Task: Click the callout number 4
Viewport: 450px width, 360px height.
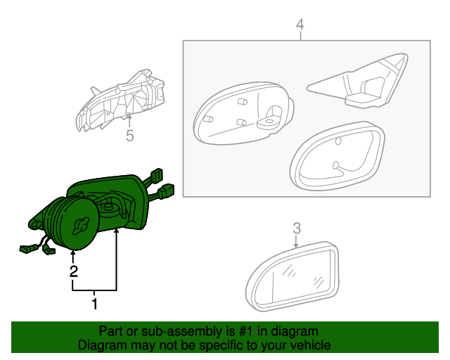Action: [x=300, y=25]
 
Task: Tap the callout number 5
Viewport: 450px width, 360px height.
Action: [x=129, y=136]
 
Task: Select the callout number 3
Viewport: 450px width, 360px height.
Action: [x=297, y=228]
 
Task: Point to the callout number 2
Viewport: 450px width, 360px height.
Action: [x=72, y=271]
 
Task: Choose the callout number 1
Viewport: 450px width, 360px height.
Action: [x=94, y=304]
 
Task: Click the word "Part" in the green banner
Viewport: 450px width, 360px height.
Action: [x=111, y=331]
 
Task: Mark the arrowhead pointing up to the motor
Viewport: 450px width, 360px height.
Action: [x=72, y=255]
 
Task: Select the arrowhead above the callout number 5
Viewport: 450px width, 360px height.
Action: [x=129, y=121]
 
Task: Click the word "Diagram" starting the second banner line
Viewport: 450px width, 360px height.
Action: [x=102, y=345]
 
